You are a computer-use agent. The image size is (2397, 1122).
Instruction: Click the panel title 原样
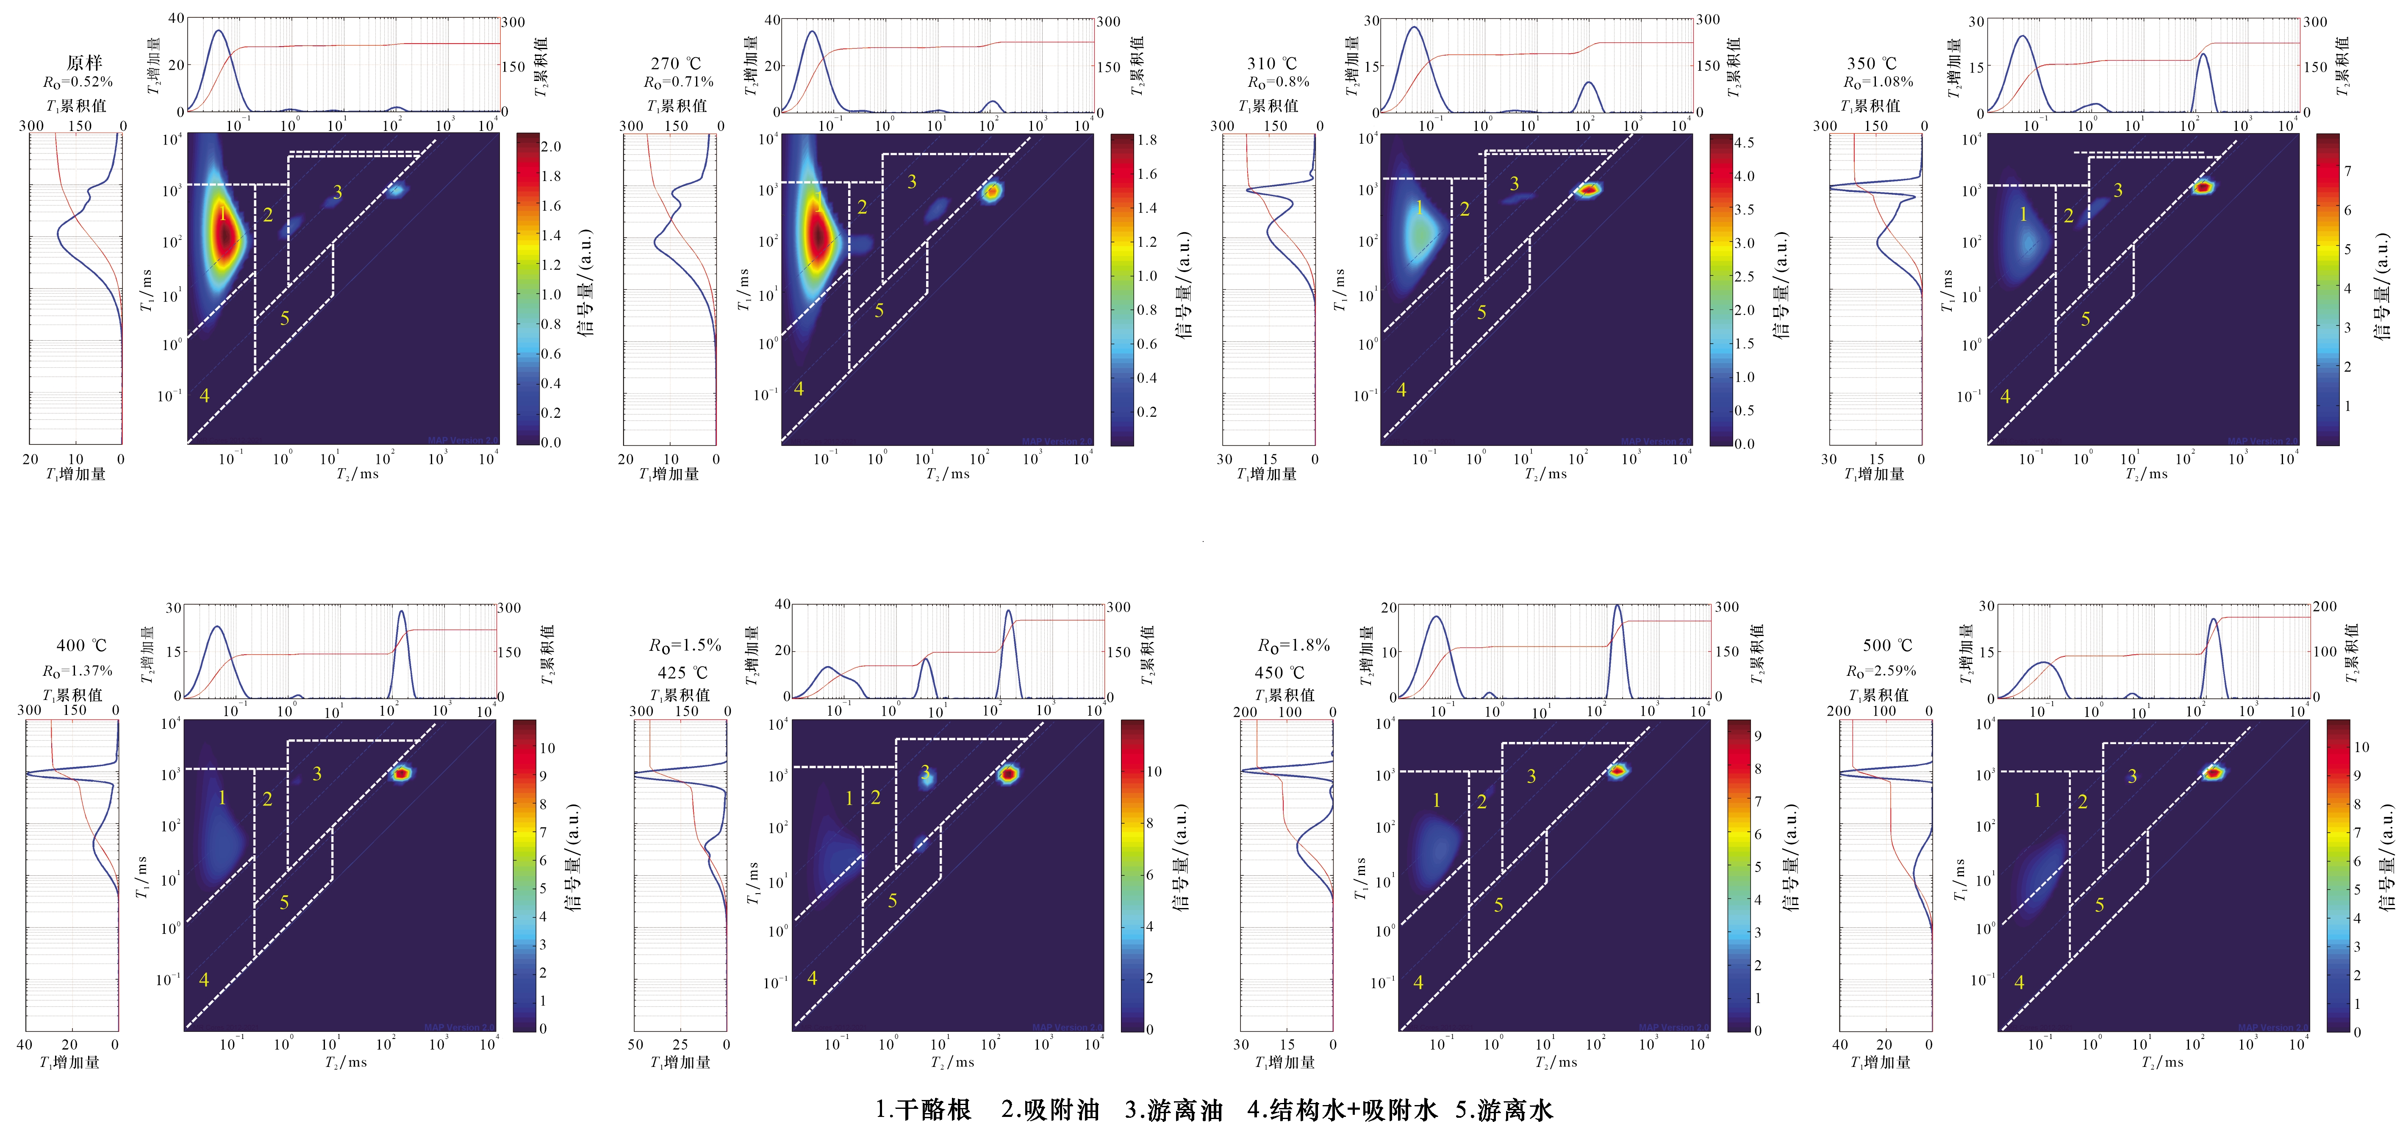(x=84, y=62)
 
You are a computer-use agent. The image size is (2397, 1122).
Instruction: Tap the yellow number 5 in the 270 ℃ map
(x=878, y=311)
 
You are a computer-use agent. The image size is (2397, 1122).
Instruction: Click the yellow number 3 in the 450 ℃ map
(x=1531, y=776)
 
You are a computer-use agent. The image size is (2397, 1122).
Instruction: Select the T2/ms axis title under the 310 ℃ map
(x=1545, y=474)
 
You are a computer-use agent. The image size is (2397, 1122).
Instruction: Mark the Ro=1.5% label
(x=685, y=645)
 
